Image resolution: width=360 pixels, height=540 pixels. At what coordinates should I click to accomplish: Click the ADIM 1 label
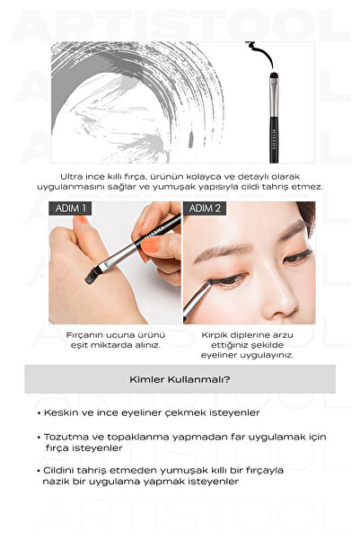(x=70, y=208)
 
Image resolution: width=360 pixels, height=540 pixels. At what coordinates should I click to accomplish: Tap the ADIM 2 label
(x=205, y=208)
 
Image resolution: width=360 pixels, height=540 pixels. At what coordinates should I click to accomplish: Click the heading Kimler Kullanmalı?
(x=180, y=379)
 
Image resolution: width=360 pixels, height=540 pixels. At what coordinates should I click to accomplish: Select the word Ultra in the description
(x=71, y=177)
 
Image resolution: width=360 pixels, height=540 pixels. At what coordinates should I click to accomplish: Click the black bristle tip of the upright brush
(x=274, y=75)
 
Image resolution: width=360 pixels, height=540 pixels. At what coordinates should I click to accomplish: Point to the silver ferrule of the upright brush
(x=274, y=97)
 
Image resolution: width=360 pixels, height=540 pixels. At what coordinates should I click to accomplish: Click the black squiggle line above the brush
(x=260, y=53)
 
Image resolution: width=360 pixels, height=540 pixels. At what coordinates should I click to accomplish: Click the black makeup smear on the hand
(x=93, y=275)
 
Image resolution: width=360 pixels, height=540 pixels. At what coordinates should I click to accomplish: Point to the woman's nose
(x=279, y=297)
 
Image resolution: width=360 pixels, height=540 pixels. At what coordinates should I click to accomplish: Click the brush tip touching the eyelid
(x=209, y=283)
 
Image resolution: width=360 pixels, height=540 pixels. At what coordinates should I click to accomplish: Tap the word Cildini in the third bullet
(x=57, y=471)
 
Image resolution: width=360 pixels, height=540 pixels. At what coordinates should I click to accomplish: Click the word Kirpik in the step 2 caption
(x=214, y=335)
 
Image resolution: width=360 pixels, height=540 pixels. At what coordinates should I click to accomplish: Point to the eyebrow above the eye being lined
(x=221, y=252)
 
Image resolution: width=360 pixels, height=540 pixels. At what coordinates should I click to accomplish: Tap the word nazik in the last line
(x=56, y=482)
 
